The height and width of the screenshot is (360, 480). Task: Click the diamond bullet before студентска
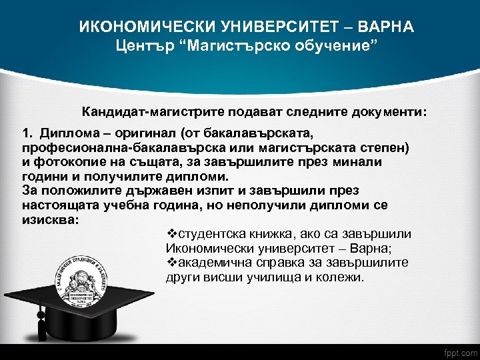[x=170, y=235]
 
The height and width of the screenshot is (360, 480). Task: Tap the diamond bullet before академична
[x=170, y=263]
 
